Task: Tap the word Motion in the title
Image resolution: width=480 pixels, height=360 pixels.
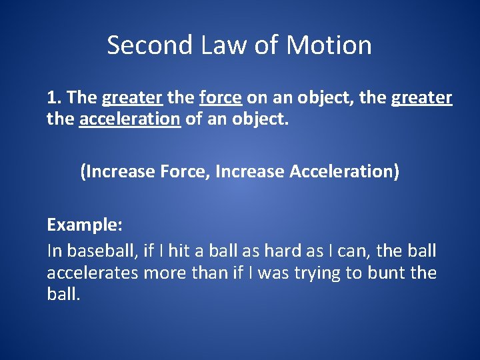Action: point(329,45)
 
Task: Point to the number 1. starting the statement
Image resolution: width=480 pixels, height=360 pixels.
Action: point(54,98)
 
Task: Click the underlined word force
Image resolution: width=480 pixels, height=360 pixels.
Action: point(220,98)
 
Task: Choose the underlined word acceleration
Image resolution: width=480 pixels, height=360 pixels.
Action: point(129,121)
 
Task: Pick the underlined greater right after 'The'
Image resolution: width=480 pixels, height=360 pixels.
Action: point(132,99)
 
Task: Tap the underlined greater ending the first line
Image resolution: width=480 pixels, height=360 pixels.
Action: point(421,99)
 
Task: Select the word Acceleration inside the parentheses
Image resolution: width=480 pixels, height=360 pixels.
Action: point(344,171)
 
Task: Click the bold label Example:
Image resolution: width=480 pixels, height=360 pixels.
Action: point(84,225)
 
